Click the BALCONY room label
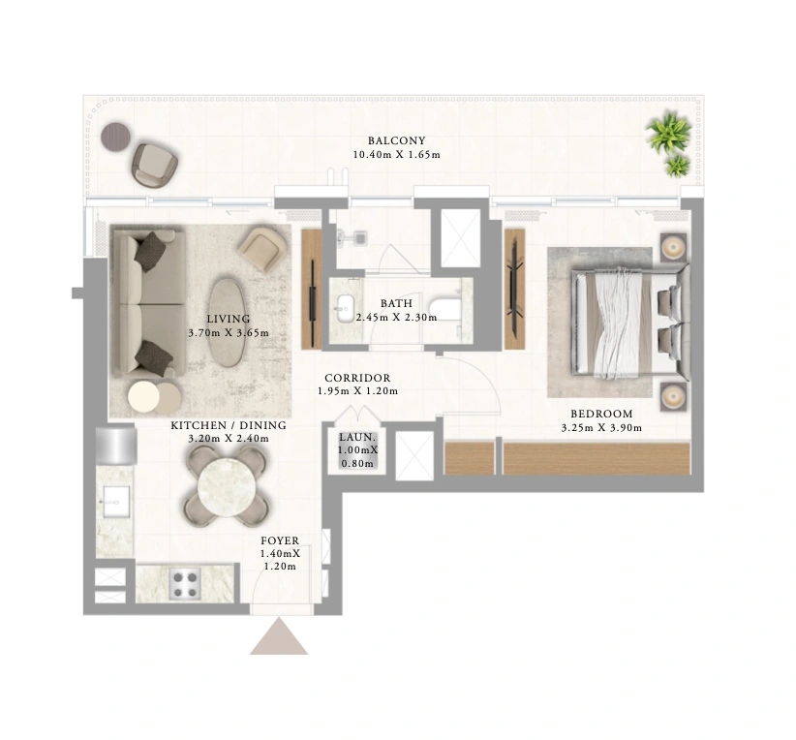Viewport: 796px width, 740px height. [x=396, y=140]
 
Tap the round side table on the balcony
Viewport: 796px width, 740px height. [x=116, y=137]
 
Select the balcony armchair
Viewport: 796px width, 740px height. [x=154, y=164]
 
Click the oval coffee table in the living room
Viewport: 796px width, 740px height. [x=228, y=323]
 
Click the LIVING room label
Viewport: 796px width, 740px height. [x=229, y=319]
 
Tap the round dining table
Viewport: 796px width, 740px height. [x=227, y=486]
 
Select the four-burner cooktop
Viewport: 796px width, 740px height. [x=184, y=584]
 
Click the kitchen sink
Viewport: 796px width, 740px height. [x=117, y=502]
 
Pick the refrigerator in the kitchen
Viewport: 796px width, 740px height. [x=116, y=446]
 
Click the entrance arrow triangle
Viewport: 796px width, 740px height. [x=279, y=636]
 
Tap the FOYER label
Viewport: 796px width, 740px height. [x=280, y=540]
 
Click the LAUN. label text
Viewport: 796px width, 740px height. [x=357, y=437]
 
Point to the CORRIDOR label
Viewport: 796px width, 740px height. [x=357, y=378]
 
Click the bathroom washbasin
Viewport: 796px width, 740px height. [x=345, y=308]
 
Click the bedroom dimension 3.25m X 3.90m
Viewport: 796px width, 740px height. [x=601, y=428]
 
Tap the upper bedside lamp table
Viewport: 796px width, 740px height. [x=673, y=248]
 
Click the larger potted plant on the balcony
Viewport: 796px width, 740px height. [x=668, y=133]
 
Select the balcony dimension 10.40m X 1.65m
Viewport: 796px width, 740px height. [x=396, y=154]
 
